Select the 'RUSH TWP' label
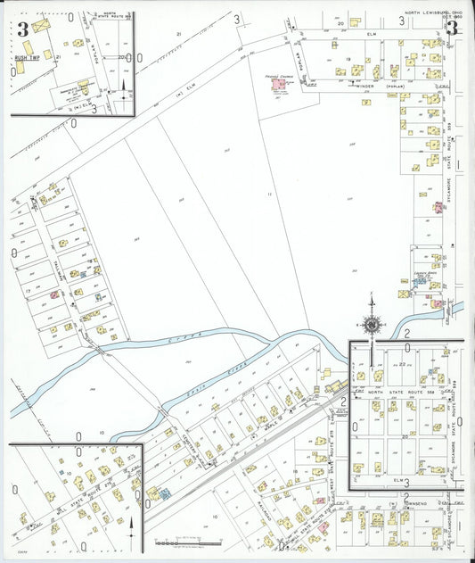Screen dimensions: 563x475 26,57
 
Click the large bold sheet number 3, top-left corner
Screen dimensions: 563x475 22,29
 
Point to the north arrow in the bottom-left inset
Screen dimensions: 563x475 131,526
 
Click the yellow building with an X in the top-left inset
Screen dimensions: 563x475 40,27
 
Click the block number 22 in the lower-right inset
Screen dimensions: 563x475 402,364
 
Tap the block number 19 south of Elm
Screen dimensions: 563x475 349,60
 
